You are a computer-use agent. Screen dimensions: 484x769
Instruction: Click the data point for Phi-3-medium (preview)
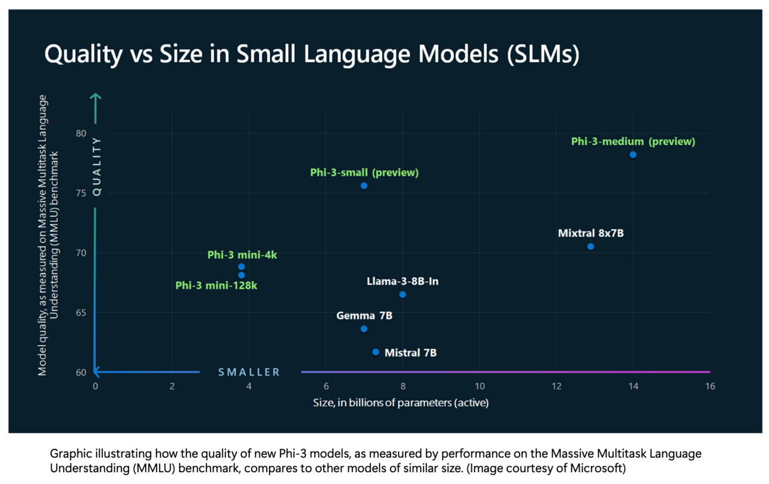[633, 155]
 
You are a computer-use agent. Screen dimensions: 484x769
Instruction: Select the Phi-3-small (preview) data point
[364, 186]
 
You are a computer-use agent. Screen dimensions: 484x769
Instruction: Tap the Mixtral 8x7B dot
[590, 246]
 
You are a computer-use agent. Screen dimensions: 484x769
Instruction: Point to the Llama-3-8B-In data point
[402, 294]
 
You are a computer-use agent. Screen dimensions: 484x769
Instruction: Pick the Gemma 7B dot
[364, 329]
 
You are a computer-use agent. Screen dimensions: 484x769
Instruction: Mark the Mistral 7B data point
[376, 352]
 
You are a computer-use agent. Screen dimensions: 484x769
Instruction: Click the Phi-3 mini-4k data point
[241, 266]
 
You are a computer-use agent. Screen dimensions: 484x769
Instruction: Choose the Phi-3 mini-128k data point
[241, 275]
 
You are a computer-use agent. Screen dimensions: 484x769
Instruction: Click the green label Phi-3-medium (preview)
[633, 142]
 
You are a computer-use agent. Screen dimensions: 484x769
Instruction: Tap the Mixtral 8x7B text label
[590, 233]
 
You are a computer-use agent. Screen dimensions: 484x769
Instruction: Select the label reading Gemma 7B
[364, 316]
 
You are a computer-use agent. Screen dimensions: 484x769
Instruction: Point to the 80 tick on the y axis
[81, 133]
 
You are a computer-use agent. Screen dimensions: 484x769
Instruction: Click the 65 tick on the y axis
[81, 313]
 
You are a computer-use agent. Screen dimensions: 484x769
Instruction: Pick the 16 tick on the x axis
[709, 386]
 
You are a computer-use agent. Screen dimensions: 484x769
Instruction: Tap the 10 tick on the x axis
[479, 386]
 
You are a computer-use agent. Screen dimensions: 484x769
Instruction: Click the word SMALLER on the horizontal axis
[249, 372]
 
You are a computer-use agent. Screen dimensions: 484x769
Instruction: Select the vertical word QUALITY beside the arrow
[97, 166]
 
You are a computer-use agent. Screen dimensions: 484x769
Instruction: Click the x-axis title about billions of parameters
[401, 403]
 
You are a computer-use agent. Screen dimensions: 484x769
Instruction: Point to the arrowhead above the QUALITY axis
[95, 96]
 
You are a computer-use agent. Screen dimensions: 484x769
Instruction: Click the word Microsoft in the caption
[604, 469]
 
